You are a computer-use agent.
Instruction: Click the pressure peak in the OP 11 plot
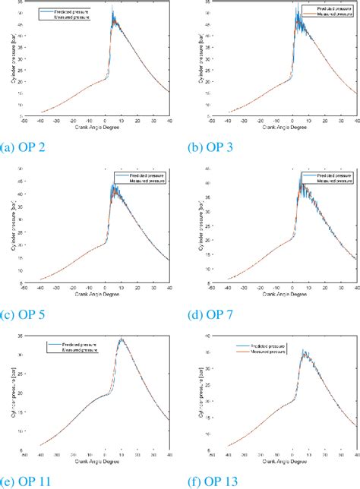(121, 339)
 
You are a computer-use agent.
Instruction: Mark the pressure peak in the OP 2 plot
(112, 9)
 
